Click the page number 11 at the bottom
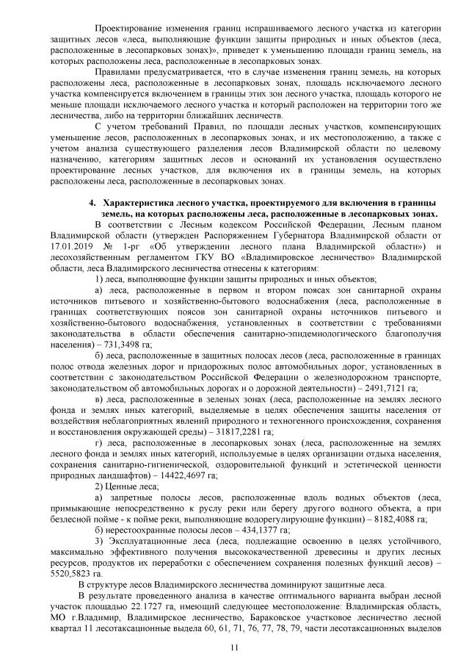[234, 647]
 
